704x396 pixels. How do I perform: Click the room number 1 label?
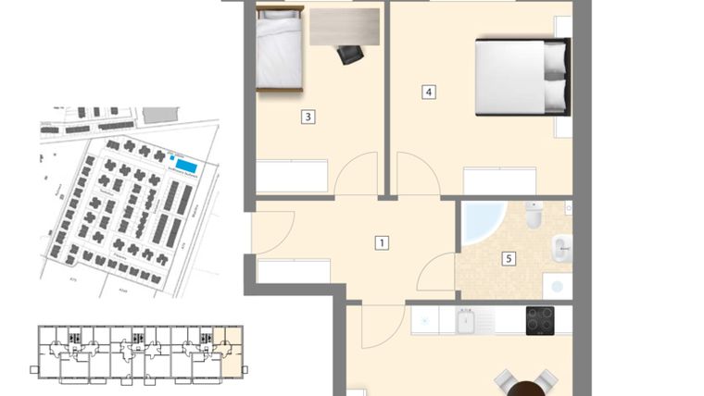coord(381,243)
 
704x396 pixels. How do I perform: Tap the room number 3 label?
coord(308,117)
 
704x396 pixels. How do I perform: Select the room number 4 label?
coord(428,92)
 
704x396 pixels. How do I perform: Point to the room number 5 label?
coord(509,259)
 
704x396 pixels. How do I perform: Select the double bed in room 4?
coord(520,76)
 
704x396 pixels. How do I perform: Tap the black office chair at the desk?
coord(350,55)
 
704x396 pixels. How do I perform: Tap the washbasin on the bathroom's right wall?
coord(562,247)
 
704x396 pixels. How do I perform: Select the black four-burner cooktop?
coord(540,320)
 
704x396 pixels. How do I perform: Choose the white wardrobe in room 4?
coord(499,180)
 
